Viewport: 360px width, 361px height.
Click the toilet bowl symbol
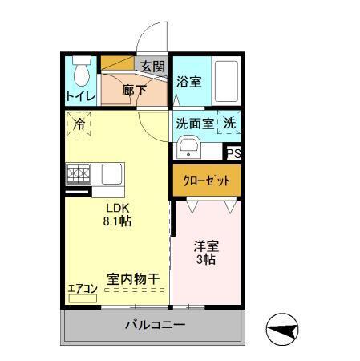(x=80, y=74)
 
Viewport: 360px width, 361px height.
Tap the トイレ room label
(x=80, y=97)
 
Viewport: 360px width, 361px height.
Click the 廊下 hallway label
(x=134, y=91)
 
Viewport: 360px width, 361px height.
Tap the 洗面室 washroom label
(x=196, y=124)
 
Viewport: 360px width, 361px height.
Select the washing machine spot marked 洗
(x=229, y=124)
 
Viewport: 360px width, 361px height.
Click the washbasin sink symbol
(x=189, y=148)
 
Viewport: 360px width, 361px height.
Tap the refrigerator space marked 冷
(x=79, y=124)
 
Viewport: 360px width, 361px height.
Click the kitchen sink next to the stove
(x=111, y=172)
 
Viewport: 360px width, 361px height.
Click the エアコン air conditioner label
(x=82, y=288)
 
